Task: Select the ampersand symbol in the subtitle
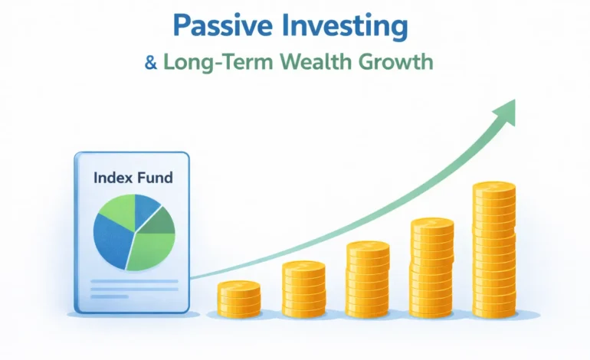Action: [x=151, y=62]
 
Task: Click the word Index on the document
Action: [x=113, y=178]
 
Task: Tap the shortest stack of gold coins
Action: [x=239, y=299]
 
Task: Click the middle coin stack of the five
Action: [x=368, y=280]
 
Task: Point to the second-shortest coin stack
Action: [x=303, y=290]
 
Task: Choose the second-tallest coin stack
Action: [x=432, y=268]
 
